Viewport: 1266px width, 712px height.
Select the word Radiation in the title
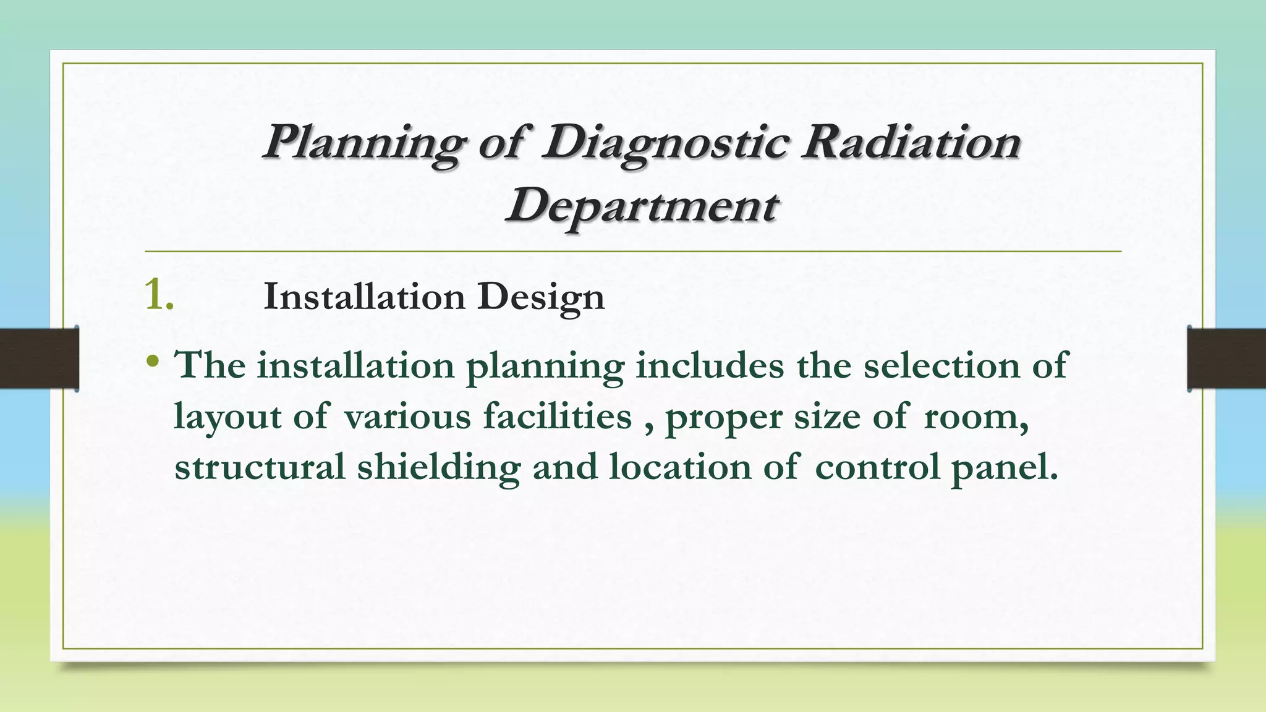910,142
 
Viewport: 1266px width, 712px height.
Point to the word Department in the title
641,206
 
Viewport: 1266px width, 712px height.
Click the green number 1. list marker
159,295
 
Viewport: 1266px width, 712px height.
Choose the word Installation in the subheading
364,297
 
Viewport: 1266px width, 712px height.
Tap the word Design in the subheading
541,298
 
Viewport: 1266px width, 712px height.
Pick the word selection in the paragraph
941,365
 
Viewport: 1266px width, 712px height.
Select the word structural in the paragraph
260,467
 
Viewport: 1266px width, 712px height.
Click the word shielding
439,467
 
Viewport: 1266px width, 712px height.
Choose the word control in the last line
878,467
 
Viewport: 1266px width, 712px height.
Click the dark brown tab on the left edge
39,358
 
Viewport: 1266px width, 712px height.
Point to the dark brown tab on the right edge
1226,358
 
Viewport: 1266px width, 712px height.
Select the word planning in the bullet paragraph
545,367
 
